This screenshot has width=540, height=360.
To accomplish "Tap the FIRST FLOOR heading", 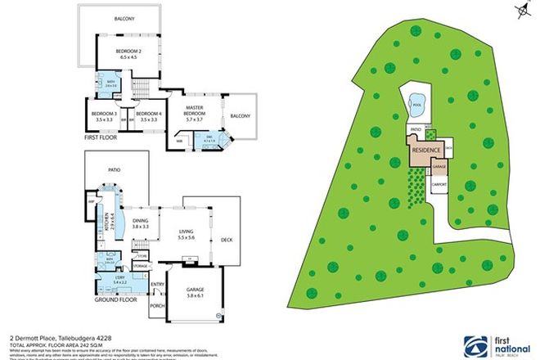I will coord(101,137).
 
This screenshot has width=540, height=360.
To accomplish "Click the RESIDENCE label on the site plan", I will coord(427,151).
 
